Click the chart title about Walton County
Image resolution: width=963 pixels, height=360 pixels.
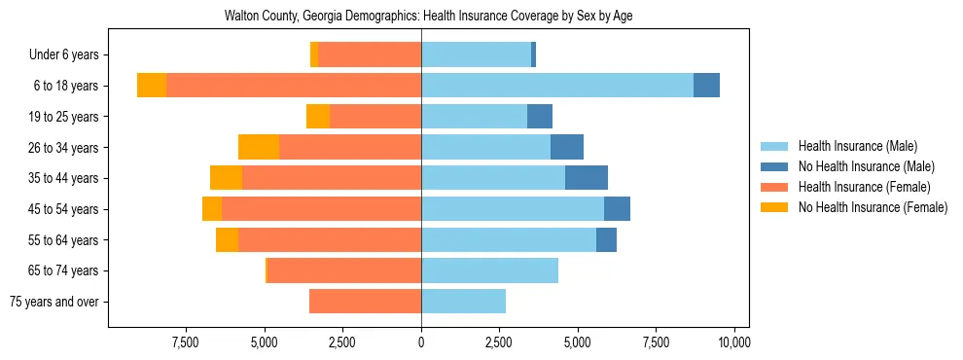[428, 17]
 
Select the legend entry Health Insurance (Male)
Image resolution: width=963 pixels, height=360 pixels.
[857, 147]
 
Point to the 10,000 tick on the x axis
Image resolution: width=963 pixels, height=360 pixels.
[733, 342]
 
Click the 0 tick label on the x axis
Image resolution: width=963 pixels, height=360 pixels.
[421, 342]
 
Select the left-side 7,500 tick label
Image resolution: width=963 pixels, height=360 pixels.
[186, 342]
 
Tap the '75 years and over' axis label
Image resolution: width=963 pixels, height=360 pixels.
[55, 302]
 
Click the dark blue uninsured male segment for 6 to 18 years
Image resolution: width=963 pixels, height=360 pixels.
[706, 86]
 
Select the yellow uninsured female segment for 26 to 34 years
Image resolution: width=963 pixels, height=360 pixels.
[259, 147]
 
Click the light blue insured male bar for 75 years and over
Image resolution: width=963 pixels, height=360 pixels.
[463, 302]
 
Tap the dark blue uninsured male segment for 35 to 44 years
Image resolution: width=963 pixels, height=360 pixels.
[587, 178]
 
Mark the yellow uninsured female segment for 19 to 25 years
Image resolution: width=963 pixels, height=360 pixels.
[318, 117]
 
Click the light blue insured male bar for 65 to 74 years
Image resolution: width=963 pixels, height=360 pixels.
[489, 270]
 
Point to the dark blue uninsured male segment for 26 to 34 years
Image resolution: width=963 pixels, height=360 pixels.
[567, 147]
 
